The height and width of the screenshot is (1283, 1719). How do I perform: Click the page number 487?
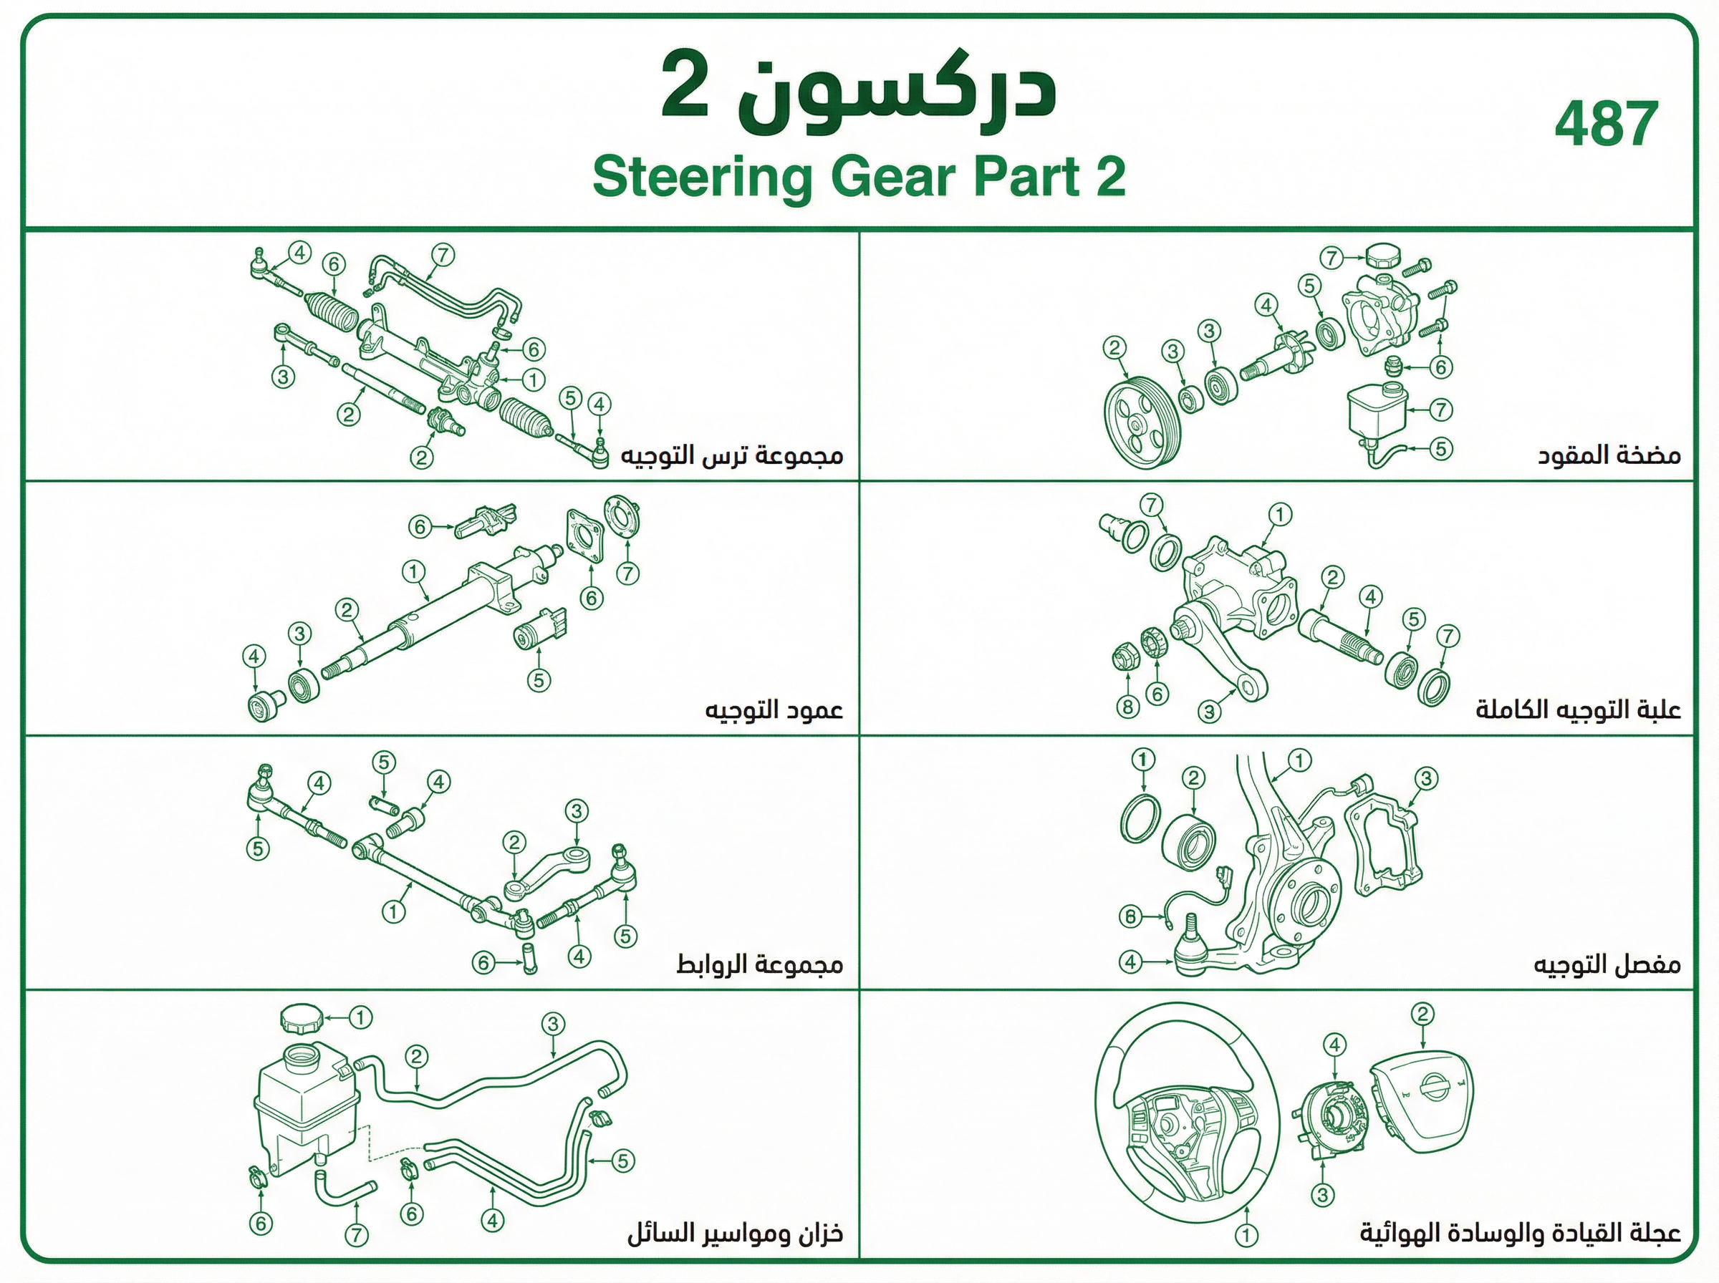[1607, 125]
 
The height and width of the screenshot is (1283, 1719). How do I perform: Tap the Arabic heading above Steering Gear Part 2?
[858, 87]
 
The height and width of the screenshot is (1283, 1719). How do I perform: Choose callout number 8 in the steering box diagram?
[1127, 706]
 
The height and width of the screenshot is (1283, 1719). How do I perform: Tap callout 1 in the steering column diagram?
[413, 572]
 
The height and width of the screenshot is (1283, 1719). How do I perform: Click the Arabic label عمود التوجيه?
[774, 709]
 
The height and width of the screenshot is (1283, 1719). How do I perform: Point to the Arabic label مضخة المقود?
[1609, 455]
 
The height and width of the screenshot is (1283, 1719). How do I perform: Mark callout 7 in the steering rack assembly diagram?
[442, 255]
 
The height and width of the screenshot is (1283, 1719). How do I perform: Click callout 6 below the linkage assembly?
[484, 963]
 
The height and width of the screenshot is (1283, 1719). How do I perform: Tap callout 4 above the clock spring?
[1335, 1045]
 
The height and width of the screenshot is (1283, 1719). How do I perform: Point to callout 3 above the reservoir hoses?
[552, 1024]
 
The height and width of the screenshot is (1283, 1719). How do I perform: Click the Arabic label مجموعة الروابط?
[759, 964]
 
